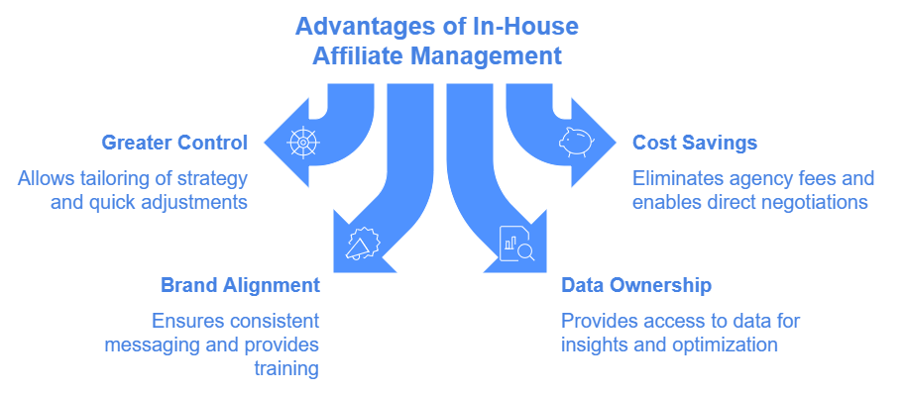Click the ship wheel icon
(303, 143)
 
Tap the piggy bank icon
(575, 143)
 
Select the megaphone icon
(363, 244)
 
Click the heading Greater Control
(174, 143)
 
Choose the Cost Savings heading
(695, 143)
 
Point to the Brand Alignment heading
(240, 285)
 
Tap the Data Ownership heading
(636, 285)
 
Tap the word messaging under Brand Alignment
(155, 345)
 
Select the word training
(286, 369)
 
